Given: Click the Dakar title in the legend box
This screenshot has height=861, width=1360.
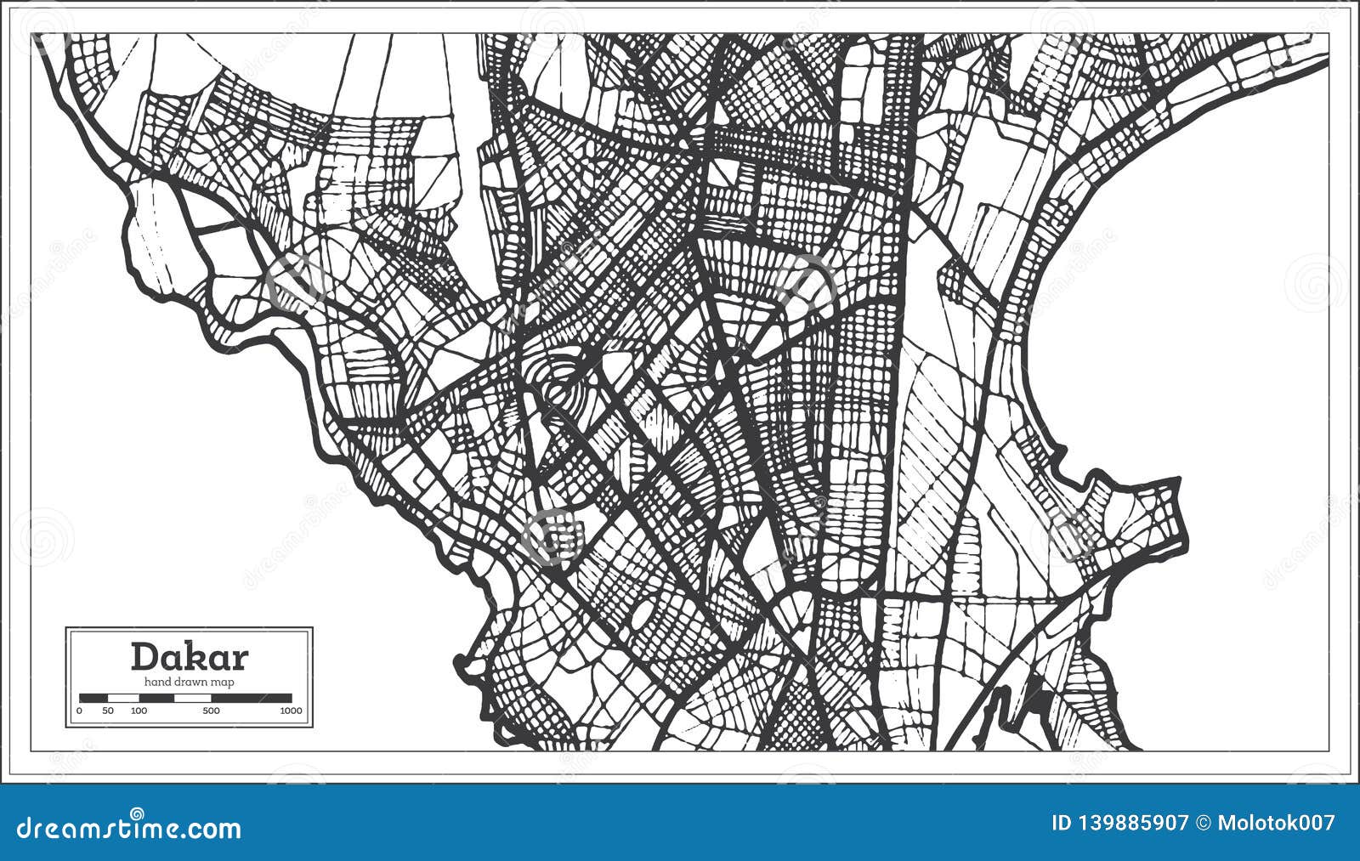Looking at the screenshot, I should (189, 657).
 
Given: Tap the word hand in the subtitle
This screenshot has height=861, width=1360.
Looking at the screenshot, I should (157, 682).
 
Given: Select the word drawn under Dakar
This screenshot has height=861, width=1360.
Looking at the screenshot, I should (191, 682).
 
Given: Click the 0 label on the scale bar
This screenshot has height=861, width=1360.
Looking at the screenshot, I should (80, 711).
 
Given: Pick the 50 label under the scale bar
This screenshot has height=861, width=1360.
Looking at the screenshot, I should (108, 711).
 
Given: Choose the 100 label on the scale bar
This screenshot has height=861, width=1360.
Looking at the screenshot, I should (138, 711).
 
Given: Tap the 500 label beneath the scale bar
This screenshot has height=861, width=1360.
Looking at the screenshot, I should (211, 711).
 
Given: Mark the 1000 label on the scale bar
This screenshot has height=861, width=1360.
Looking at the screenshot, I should (291, 711).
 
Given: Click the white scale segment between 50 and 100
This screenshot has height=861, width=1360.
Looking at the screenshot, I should (123, 698).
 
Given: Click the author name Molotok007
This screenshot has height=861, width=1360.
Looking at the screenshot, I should (1276, 823).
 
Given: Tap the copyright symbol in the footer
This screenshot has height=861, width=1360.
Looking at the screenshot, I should (1203, 823).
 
